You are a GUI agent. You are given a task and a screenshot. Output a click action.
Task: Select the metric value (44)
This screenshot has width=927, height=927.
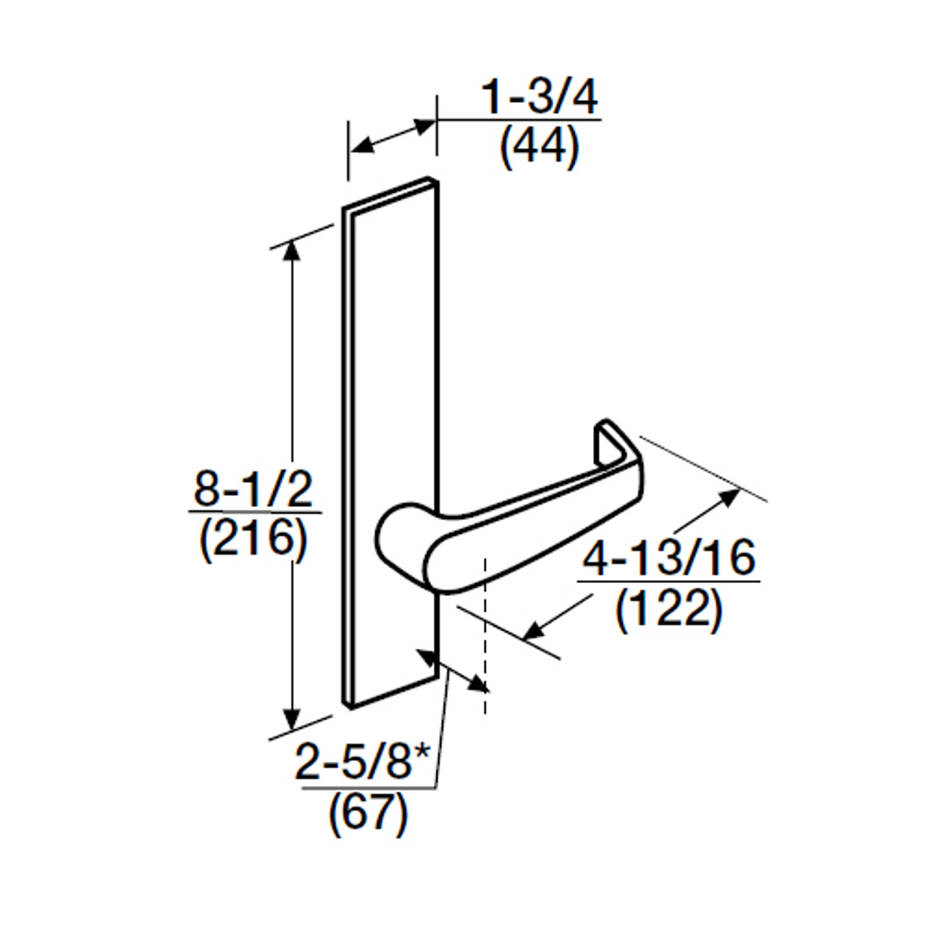(x=540, y=148)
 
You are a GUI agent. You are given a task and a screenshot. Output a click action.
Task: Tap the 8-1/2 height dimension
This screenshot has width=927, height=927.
(x=253, y=490)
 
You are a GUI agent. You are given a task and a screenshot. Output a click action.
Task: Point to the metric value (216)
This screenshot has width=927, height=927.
(x=253, y=540)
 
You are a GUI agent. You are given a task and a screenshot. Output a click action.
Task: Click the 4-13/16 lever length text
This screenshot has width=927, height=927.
(x=669, y=558)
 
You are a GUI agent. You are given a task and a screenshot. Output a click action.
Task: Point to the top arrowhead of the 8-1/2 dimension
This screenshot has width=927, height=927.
(x=292, y=248)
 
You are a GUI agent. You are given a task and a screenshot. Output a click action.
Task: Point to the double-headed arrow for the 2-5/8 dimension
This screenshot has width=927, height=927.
(x=453, y=670)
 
